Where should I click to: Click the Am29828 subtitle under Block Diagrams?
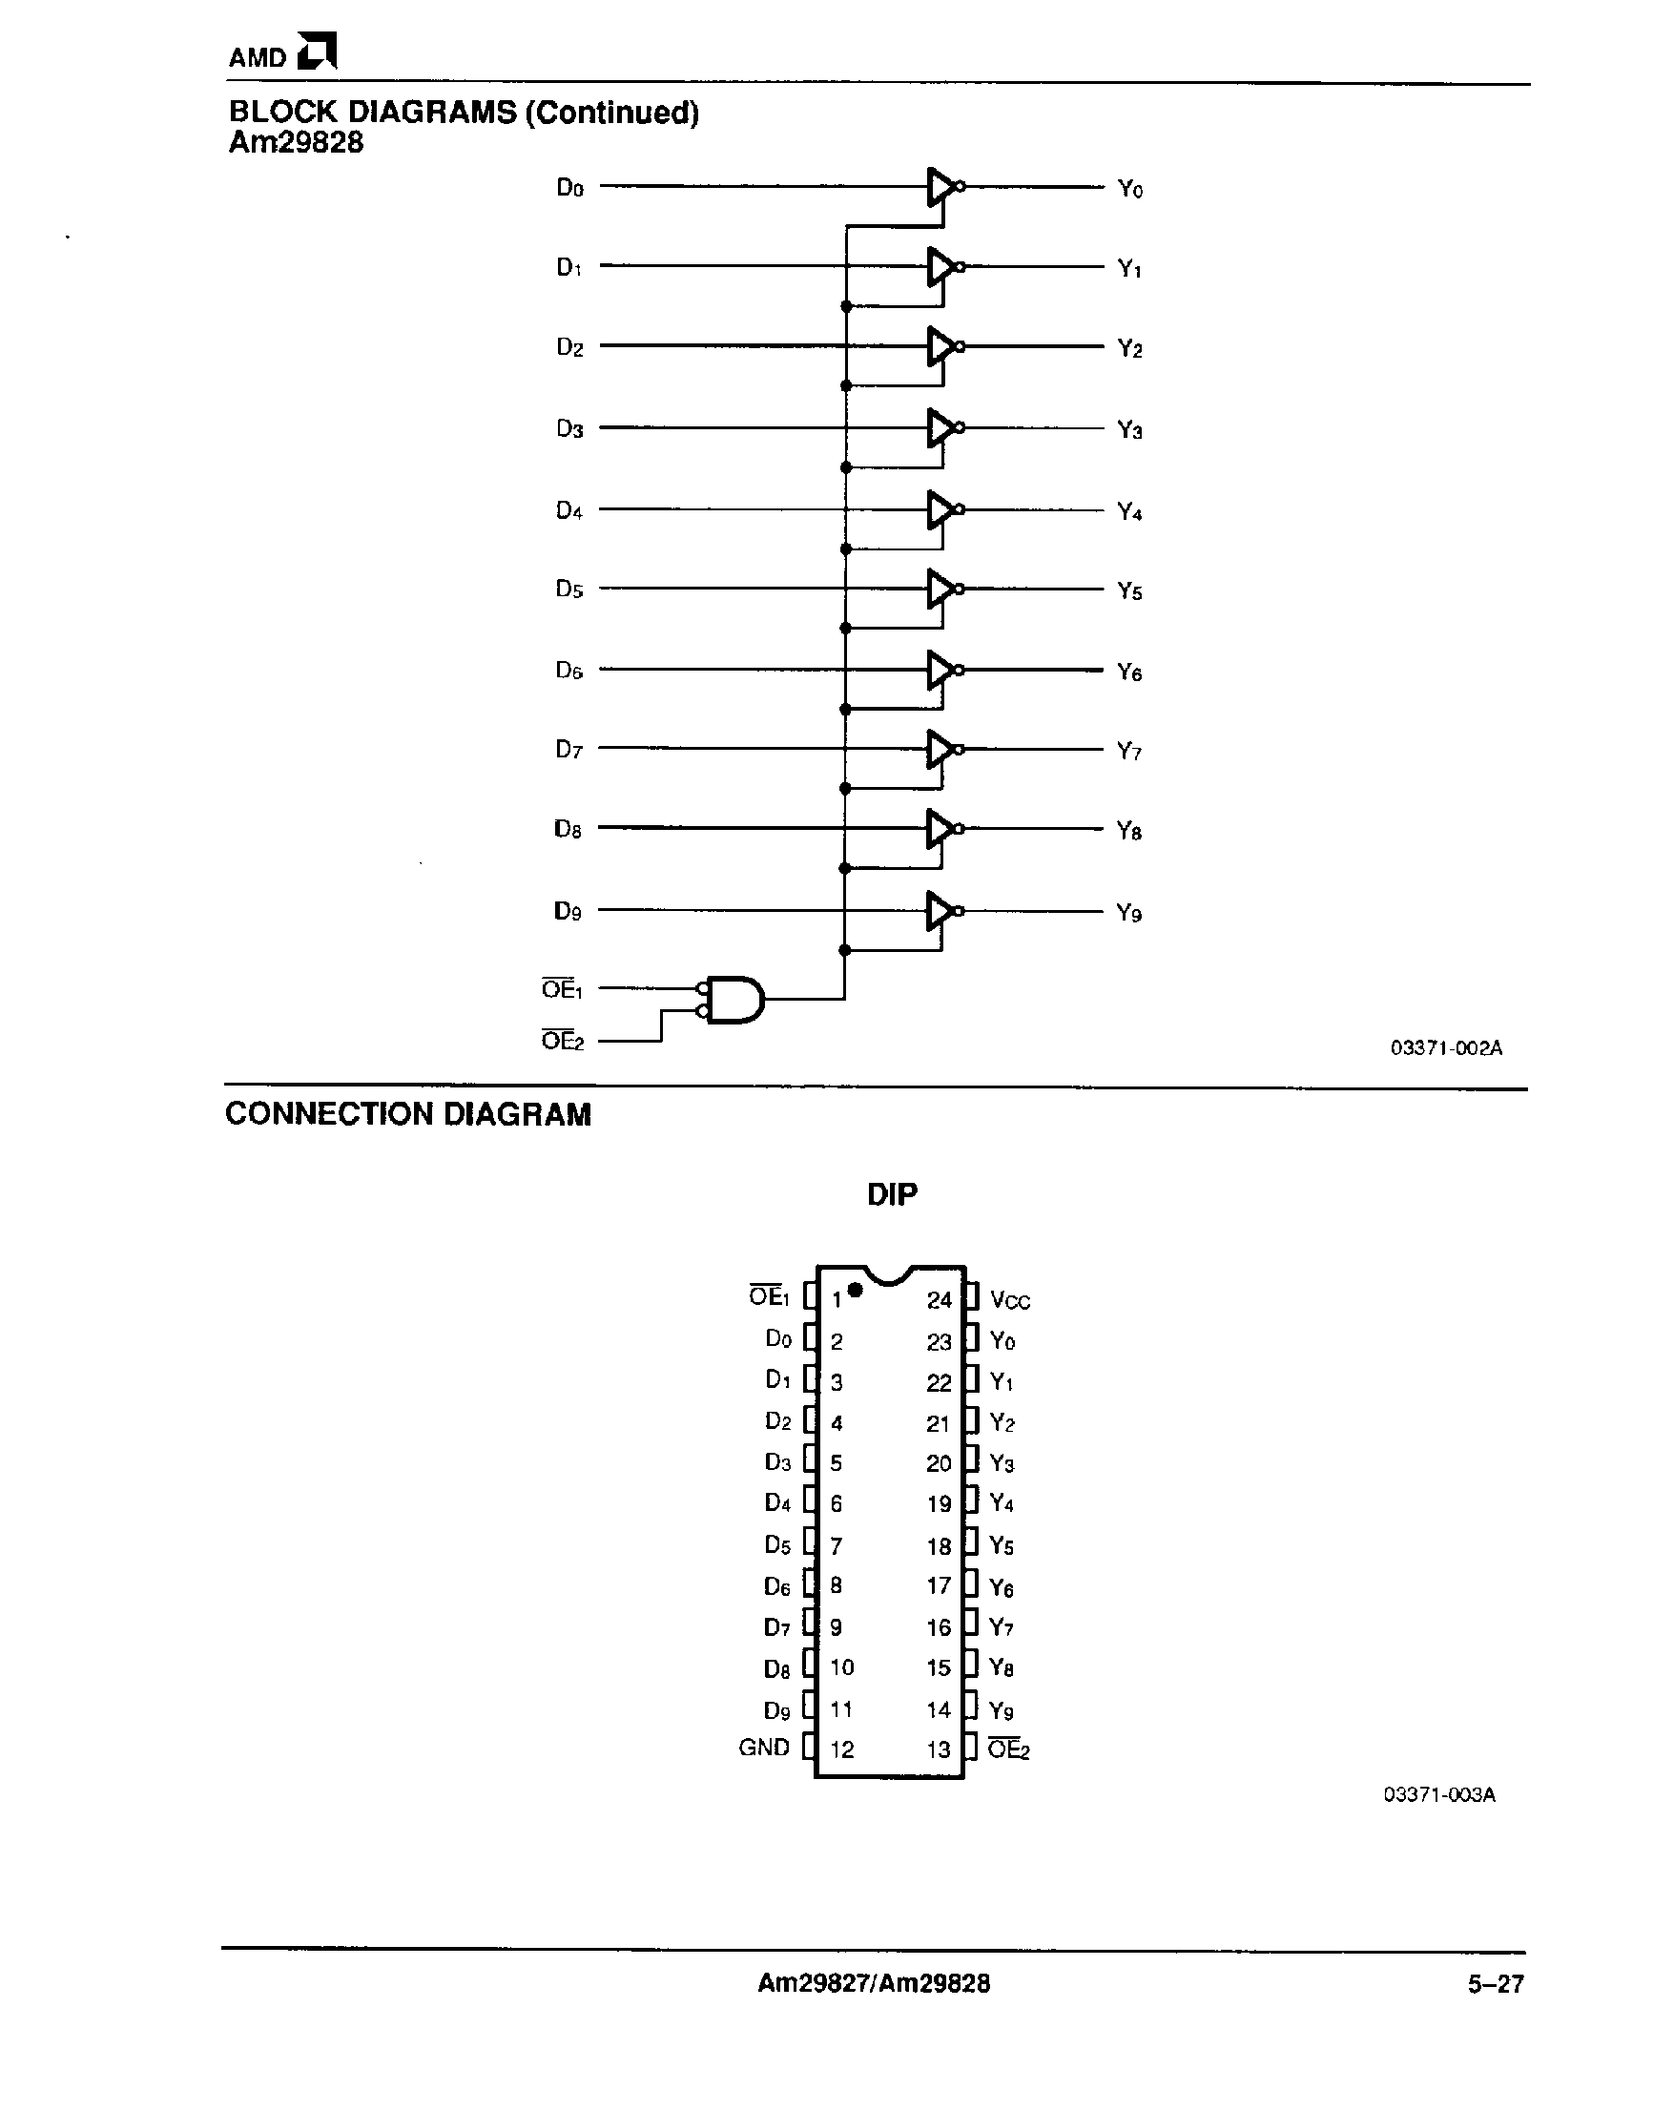pos(296,142)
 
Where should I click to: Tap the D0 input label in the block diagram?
pos(570,187)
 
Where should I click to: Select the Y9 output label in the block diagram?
pos(1129,913)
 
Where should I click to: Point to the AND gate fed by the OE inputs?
pos(734,999)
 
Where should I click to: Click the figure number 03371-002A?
pos(1446,1047)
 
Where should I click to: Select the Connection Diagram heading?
pos(407,1114)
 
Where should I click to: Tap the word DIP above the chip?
pos(891,1194)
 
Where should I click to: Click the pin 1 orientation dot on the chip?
pos(855,1290)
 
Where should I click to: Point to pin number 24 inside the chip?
pos(939,1300)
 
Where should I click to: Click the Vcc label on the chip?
pos(1010,1301)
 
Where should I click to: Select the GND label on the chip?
pos(764,1747)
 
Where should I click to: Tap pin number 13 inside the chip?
pos(939,1749)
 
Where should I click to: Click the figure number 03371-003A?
pos(1439,1794)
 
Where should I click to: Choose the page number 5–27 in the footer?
pos(1496,1984)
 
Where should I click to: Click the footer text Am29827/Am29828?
pos(873,1983)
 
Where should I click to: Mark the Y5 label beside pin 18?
pos(1002,1545)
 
